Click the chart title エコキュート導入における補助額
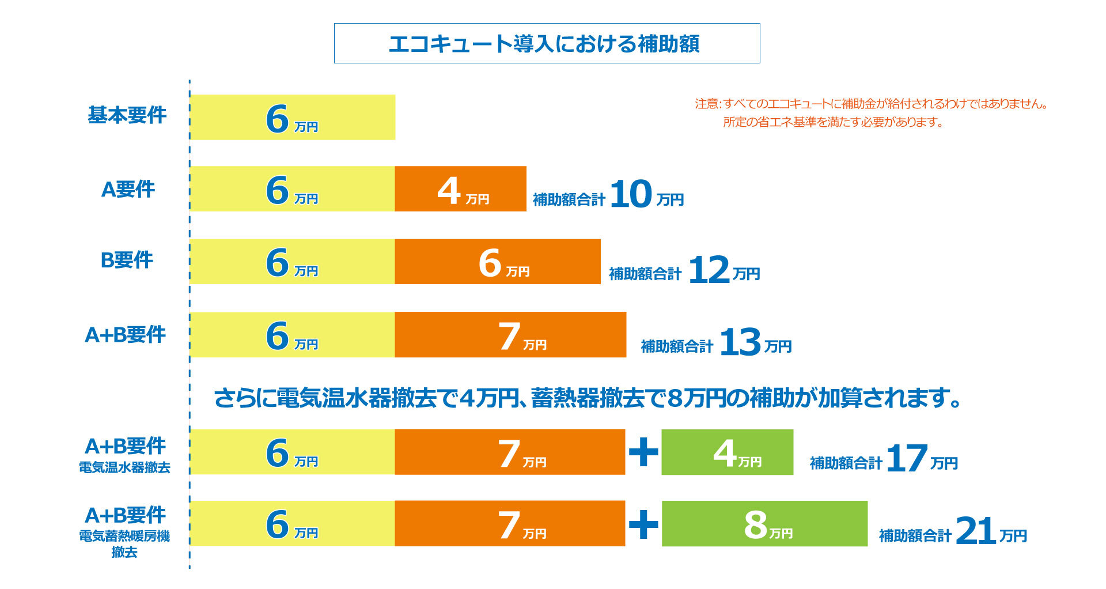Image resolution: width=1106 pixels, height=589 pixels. [x=544, y=44]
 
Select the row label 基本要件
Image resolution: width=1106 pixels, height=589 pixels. [x=127, y=115]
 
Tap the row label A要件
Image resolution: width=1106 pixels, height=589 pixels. [x=128, y=189]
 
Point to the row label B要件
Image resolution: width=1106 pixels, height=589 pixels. [x=127, y=260]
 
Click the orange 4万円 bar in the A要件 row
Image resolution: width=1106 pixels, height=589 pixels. [x=460, y=189]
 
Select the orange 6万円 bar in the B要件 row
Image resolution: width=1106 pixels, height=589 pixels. [x=498, y=262]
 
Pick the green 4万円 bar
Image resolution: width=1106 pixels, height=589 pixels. [x=727, y=452]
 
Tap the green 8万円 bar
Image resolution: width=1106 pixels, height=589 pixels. [x=764, y=523]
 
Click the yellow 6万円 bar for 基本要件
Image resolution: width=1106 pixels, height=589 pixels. [x=293, y=118]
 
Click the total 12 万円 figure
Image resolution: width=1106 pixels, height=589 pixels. [x=724, y=270]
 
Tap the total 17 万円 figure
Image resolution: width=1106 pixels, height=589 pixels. [x=922, y=459]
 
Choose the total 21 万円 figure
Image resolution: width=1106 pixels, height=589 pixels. [x=991, y=531]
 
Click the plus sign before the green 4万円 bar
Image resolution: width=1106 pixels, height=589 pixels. [x=643, y=452]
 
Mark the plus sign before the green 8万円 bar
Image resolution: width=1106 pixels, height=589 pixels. [x=643, y=524]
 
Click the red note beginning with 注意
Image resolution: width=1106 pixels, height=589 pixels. [x=871, y=113]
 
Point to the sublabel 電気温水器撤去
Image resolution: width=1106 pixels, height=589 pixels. [x=124, y=467]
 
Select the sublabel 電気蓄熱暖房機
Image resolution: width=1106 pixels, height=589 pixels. [x=124, y=536]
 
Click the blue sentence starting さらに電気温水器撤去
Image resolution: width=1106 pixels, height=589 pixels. [x=588, y=398]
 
